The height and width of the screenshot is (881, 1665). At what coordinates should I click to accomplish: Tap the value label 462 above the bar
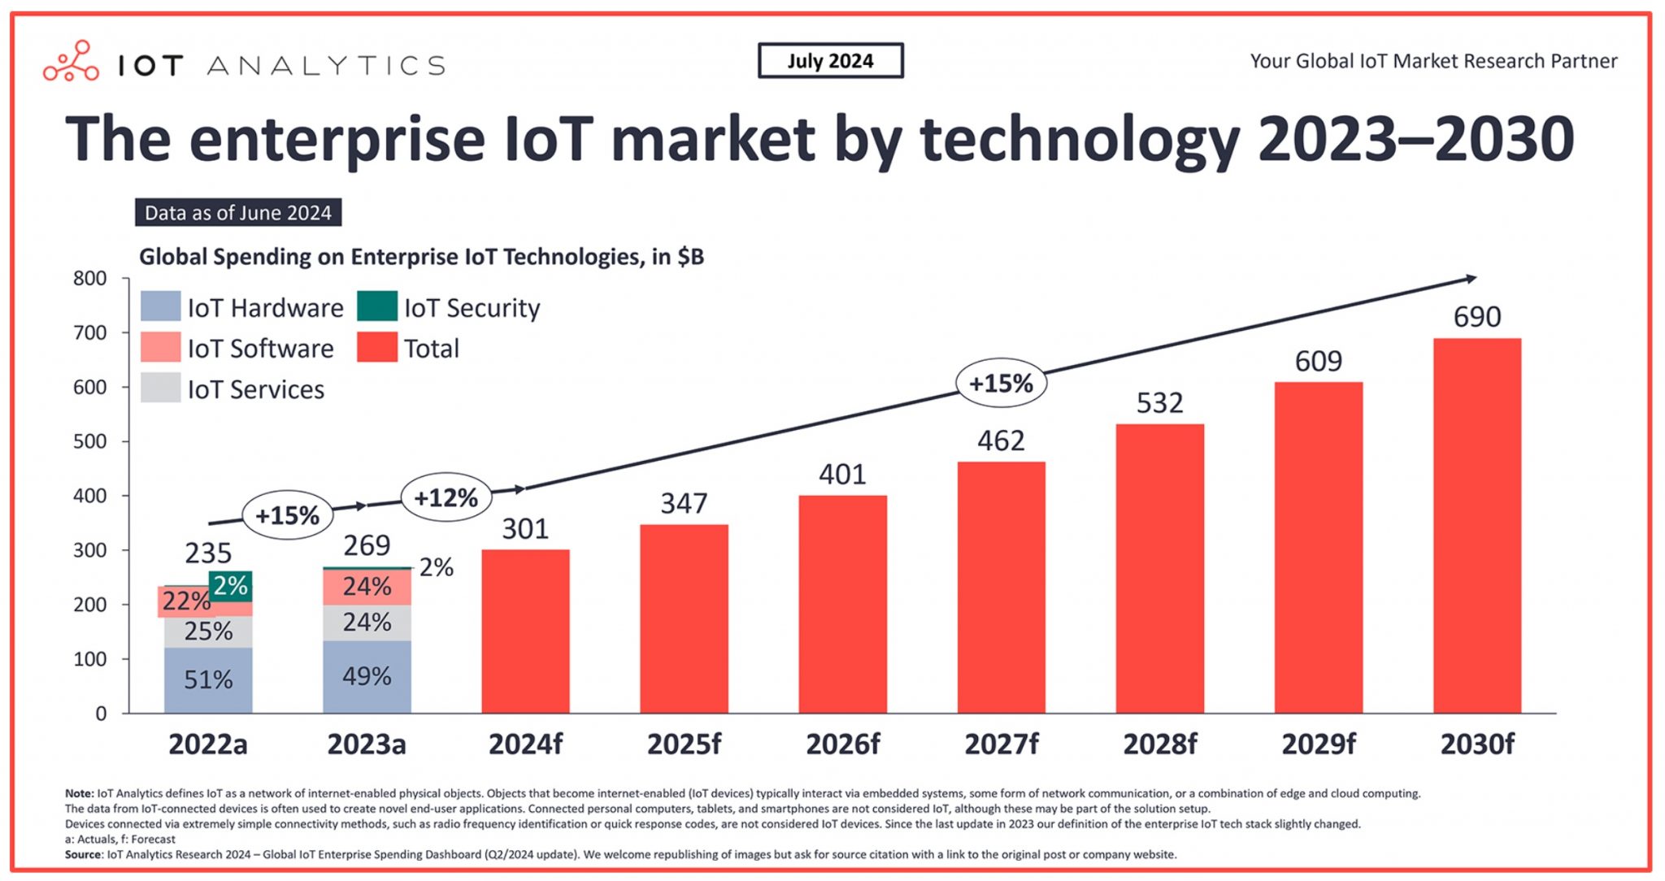click(x=1001, y=441)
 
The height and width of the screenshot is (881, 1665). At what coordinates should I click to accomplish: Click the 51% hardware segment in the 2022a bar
click(x=208, y=679)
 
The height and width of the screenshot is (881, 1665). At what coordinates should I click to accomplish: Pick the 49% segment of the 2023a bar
click(x=367, y=676)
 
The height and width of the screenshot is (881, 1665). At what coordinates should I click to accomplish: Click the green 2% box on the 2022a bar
click(x=230, y=585)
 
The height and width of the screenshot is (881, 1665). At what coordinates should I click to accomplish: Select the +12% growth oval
click(x=446, y=497)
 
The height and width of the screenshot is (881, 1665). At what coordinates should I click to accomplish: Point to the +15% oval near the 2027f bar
click(x=1001, y=383)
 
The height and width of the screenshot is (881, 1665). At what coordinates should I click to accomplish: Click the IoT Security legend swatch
click(x=377, y=306)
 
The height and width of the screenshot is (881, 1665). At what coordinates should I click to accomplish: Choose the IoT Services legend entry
click(x=255, y=389)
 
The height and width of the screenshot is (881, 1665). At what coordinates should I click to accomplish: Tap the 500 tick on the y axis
click(x=90, y=441)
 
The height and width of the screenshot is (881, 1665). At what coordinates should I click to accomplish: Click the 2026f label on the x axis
click(x=842, y=744)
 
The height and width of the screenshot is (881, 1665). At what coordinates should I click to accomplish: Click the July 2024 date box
click(x=830, y=61)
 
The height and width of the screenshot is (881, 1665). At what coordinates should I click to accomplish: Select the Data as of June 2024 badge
click(x=238, y=213)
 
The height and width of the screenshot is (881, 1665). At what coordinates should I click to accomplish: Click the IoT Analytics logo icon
click(x=72, y=62)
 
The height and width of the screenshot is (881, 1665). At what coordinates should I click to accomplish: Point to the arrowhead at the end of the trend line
click(x=1471, y=279)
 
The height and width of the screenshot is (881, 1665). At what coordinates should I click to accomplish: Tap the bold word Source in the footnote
click(x=83, y=854)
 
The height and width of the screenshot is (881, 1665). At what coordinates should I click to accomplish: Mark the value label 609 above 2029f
click(x=1318, y=362)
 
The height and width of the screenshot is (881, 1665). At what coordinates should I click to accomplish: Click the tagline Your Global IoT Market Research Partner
click(x=1433, y=61)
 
